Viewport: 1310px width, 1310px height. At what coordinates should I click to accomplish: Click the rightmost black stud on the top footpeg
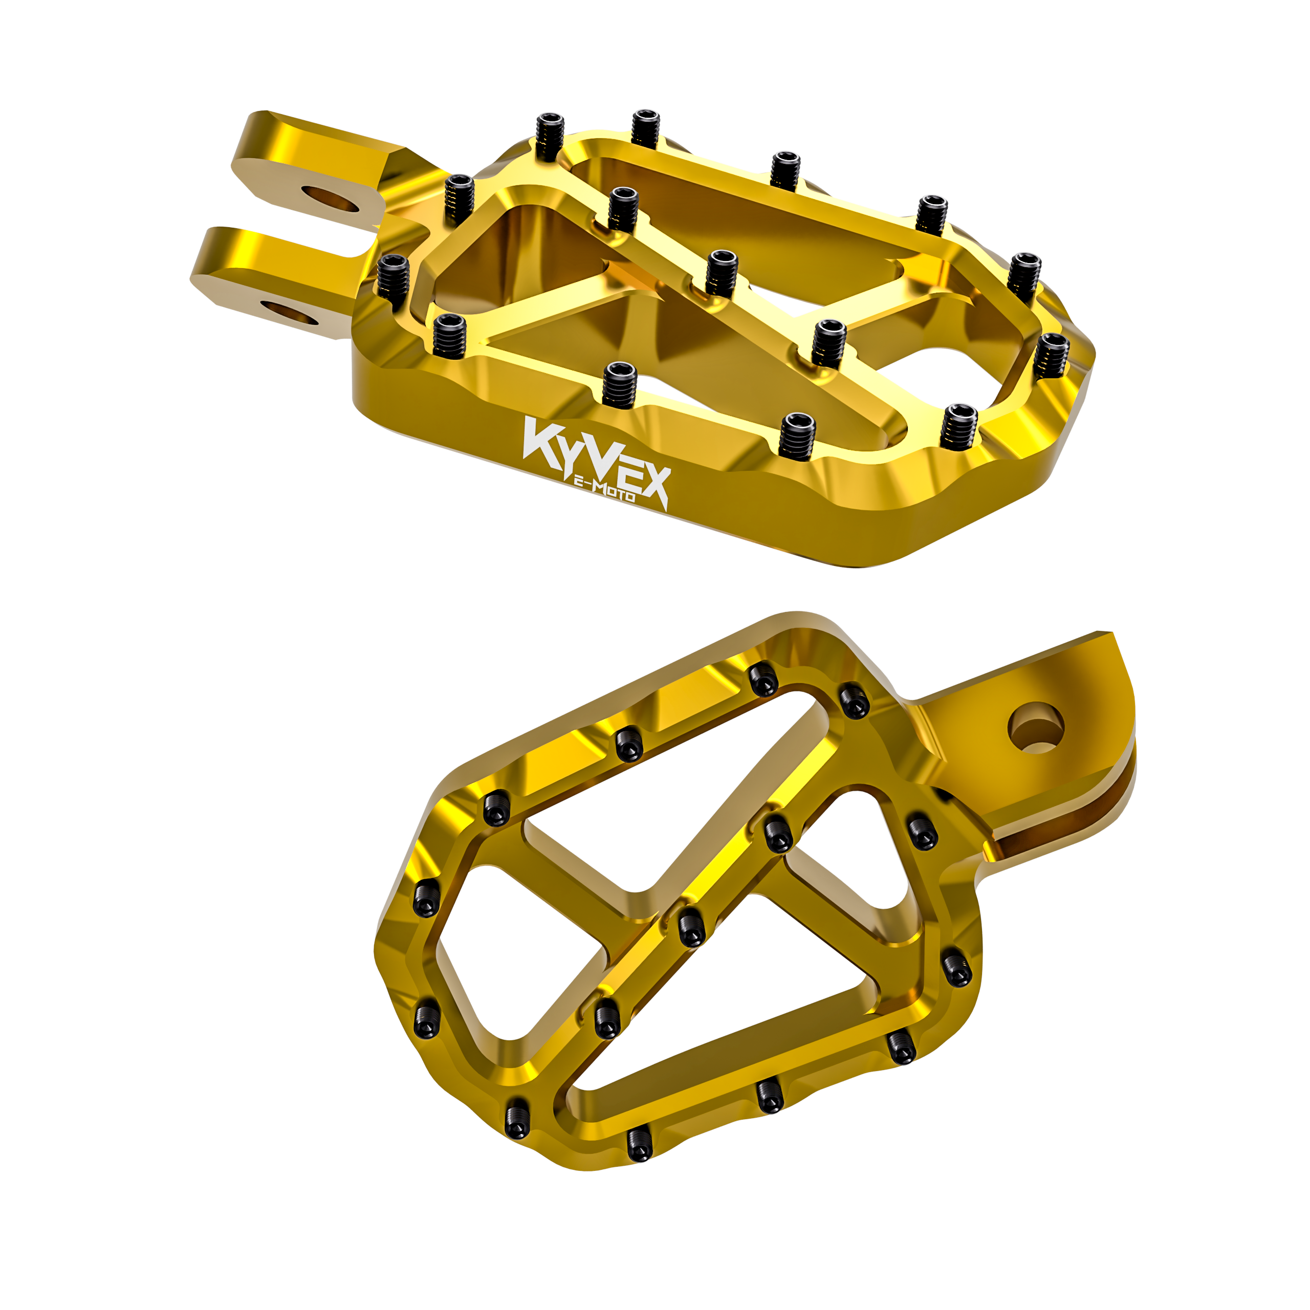pos(1051,352)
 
